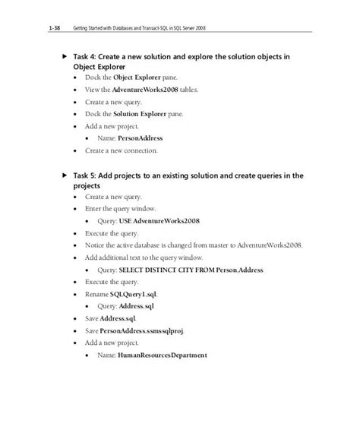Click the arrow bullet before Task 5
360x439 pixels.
click(x=65, y=175)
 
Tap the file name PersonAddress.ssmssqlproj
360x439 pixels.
click(x=147, y=331)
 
